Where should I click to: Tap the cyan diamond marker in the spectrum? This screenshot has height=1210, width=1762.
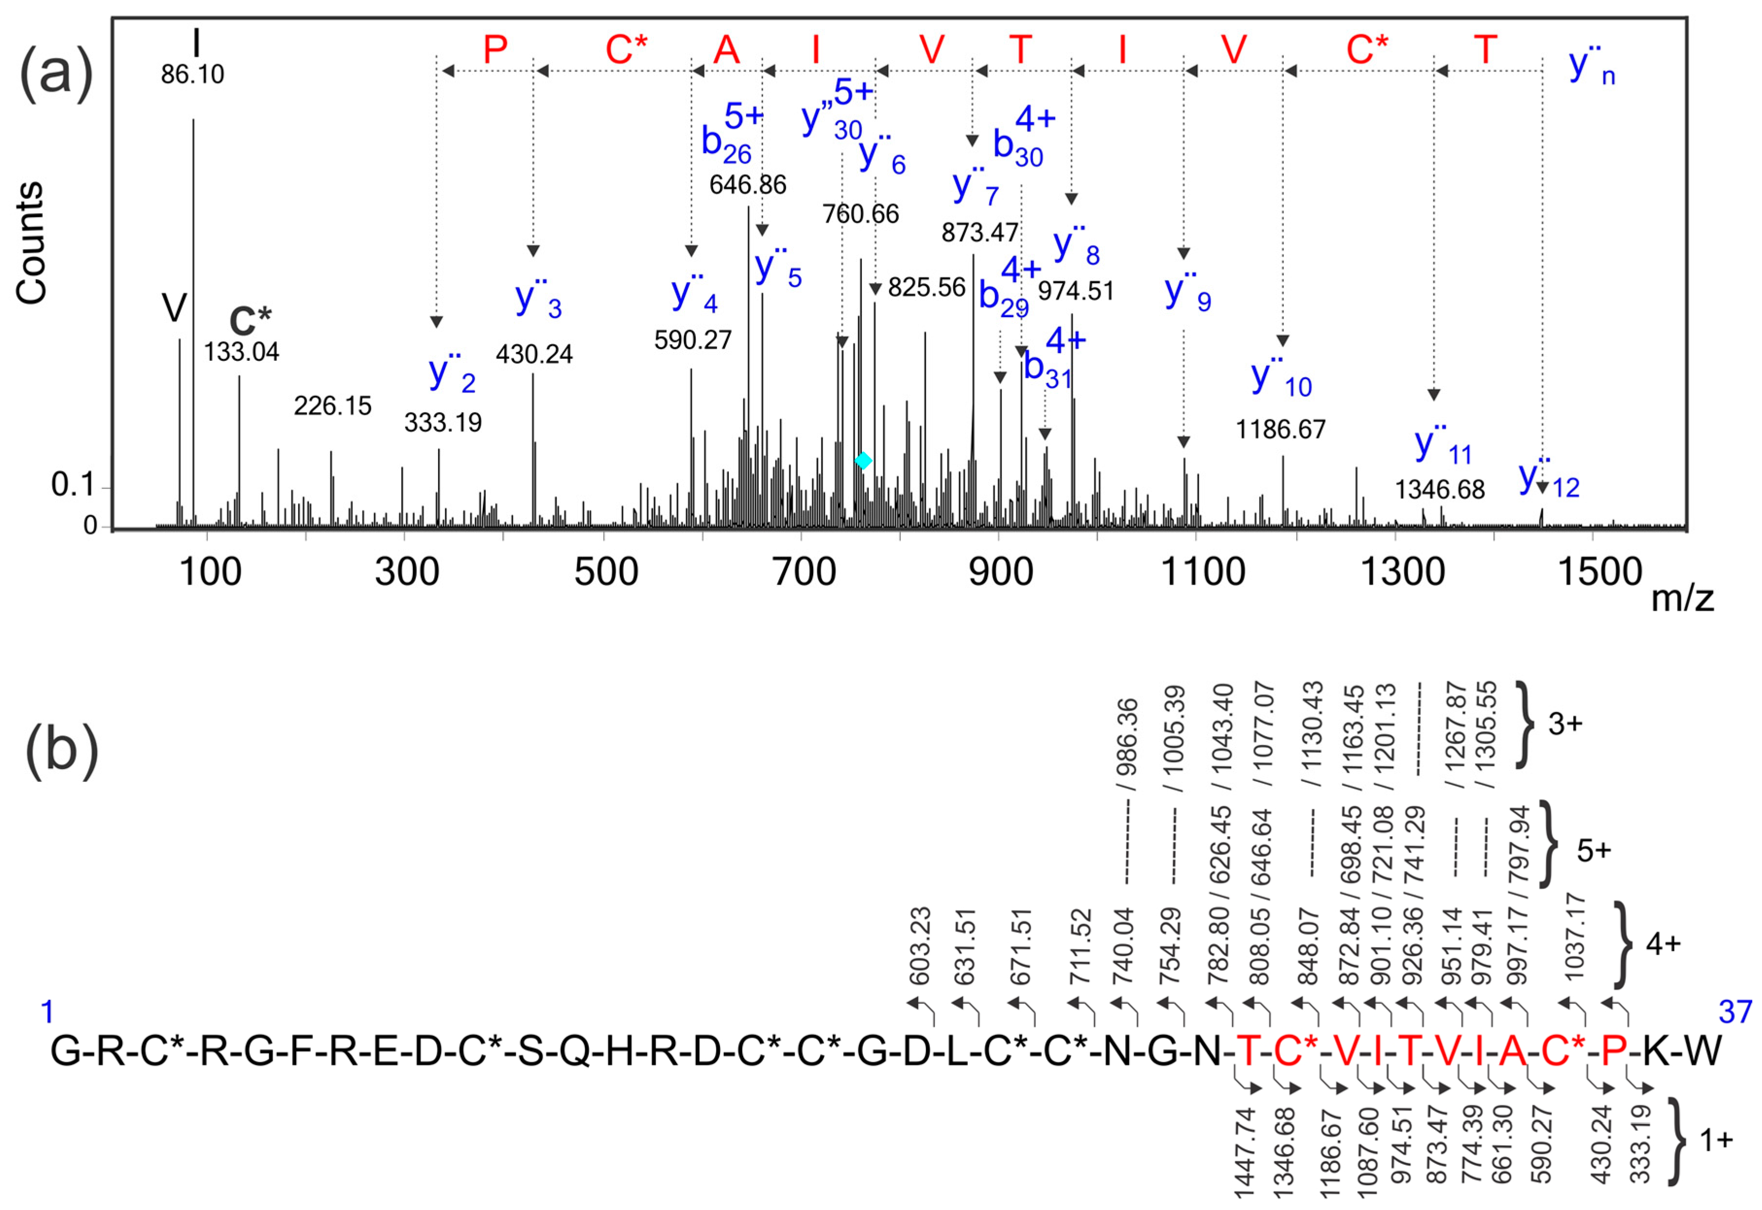(x=862, y=460)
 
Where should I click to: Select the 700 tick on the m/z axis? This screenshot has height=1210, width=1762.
(x=804, y=572)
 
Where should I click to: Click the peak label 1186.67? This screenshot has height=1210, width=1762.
(x=1281, y=430)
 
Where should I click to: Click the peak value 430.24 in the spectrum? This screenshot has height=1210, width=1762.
(x=534, y=354)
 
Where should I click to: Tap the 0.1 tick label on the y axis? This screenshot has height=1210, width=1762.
(x=72, y=485)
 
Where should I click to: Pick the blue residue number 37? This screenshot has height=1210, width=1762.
(x=1735, y=1011)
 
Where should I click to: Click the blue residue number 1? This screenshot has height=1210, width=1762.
(x=47, y=1011)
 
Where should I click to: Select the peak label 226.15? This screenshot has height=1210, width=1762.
(x=332, y=406)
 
